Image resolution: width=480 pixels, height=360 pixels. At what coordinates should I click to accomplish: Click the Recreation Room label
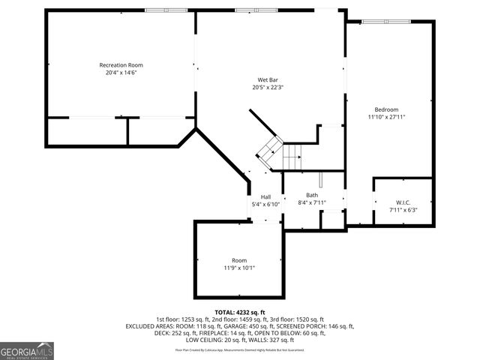(121, 65)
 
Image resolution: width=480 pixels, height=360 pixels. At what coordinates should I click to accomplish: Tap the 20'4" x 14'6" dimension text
(121, 73)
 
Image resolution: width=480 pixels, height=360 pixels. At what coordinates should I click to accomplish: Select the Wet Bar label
(268, 79)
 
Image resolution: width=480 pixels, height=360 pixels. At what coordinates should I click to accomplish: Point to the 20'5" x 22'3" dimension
(268, 87)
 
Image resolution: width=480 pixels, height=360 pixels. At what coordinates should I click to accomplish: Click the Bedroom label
(386, 109)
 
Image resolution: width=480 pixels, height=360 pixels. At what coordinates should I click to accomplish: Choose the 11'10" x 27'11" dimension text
(386, 117)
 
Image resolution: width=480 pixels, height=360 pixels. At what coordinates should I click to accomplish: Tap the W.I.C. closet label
(403, 202)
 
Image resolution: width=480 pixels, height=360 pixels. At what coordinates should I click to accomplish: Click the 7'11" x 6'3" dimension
(403, 210)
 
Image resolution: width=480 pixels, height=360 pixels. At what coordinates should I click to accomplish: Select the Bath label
(311, 195)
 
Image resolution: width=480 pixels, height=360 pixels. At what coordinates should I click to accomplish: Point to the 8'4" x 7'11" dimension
(311, 202)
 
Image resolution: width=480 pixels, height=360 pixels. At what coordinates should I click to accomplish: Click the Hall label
(265, 196)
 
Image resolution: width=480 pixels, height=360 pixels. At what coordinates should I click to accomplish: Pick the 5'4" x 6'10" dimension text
(265, 204)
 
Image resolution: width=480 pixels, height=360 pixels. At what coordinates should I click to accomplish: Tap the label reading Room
(238, 260)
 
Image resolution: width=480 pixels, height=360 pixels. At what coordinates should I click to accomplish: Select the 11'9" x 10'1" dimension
(238, 268)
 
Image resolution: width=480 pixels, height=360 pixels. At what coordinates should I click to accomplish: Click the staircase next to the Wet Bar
(281, 154)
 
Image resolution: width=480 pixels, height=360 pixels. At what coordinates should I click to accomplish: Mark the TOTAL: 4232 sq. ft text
(239, 312)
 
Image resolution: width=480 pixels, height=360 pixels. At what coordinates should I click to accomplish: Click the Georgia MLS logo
(27, 350)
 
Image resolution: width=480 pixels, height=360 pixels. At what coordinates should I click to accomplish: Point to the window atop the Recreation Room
(155, 10)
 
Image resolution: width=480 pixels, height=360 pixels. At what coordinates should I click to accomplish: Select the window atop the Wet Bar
(245, 10)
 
